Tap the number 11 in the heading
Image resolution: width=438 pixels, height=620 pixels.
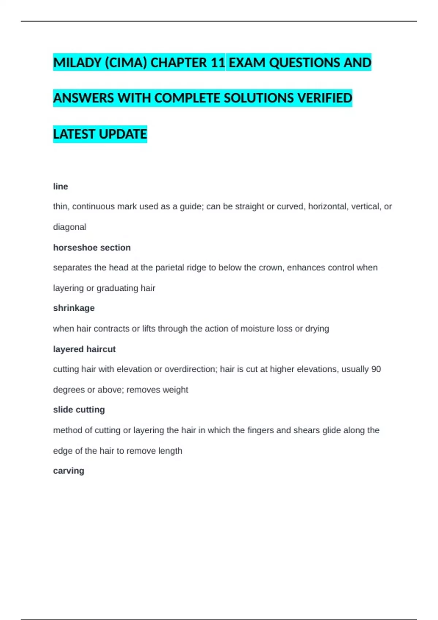pyautogui.click(x=218, y=63)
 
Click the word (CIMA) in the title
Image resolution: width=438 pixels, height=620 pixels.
pyautogui.click(x=126, y=63)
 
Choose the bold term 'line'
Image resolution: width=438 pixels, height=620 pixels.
pyautogui.click(x=61, y=186)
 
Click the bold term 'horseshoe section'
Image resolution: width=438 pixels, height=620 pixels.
pyautogui.click(x=92, y=248)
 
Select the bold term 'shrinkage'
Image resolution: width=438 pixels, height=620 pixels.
pyautogui.click(x=74, y=308)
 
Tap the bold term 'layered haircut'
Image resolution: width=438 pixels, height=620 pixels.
pyautogui.click(x=84, y=349)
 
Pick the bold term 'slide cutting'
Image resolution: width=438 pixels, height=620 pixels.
pyautogui.click(x=79, y=410)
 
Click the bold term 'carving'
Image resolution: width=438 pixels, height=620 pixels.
pyautogui.click(x=69, y=471)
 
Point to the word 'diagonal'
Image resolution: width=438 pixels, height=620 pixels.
pyautogui.click(x=70, y=227)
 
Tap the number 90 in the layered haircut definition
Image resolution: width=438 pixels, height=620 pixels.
pyautogui.click(x=376, y=369)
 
